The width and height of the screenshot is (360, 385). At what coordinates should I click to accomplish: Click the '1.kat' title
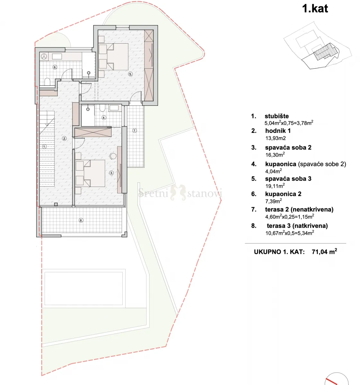tap(315, 9)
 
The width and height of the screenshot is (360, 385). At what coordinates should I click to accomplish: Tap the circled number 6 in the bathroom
tap(55, 67)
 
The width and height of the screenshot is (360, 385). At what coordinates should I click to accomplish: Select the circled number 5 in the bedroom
tap(130, 74)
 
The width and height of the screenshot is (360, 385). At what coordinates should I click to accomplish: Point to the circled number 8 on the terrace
tap(81, 220)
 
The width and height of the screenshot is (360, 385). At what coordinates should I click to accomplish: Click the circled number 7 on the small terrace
tap(135, 131)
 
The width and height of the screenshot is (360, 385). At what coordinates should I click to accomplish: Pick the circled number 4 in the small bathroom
tap(104, 117)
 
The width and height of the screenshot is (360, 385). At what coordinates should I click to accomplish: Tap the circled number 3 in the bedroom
tap(111, 173)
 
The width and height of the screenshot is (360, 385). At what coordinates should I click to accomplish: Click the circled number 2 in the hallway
tap(65, 138)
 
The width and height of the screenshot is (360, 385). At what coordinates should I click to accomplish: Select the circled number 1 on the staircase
tap(44, 147)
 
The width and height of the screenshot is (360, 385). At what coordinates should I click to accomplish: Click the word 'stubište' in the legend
tap(277, 116)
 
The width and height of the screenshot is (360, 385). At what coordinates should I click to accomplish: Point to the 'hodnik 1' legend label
tap(278, 131)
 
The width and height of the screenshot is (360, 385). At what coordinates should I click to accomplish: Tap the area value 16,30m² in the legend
tap(275, 155)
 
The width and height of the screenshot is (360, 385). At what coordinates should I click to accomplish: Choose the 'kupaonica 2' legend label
tap(283, 194)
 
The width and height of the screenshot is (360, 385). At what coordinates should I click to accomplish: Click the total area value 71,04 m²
tap(324, 252)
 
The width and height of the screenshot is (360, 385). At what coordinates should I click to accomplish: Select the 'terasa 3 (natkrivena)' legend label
tap(297, 226)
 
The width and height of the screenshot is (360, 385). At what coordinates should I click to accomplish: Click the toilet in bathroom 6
tap(47, 81)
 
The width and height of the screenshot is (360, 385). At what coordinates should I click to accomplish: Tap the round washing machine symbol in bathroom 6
tap(44, 56)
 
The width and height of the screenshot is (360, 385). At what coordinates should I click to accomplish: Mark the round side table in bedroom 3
tap(113, 156)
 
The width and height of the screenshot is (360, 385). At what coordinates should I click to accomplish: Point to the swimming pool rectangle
tap(83, 288)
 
